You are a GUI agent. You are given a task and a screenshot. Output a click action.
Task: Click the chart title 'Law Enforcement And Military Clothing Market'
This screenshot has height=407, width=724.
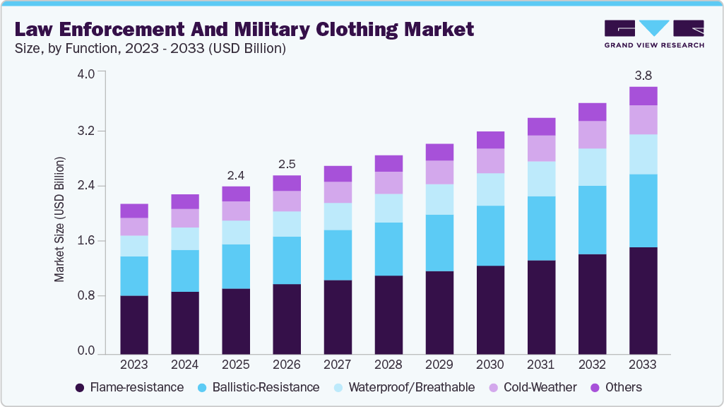tap(244, 30)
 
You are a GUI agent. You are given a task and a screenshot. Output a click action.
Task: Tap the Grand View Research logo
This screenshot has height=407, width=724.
tap(653, 34)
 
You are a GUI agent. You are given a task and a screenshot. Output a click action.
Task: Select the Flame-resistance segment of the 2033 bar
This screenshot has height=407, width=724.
tap(643, 300)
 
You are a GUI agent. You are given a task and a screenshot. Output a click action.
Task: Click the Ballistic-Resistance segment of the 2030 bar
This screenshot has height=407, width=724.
tap(490, 236)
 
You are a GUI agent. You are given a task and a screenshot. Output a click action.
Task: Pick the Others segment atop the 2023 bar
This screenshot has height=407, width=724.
tap(134, 211)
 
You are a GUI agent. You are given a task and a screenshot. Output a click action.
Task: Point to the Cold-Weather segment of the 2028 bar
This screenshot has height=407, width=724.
tap(388, 183)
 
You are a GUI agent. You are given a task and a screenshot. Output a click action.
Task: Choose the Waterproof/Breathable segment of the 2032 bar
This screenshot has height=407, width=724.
tap(592, 167)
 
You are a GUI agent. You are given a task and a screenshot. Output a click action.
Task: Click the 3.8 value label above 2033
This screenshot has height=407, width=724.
tap(643, 75)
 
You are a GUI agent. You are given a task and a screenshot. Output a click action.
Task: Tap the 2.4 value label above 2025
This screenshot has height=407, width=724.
tap(236, 175)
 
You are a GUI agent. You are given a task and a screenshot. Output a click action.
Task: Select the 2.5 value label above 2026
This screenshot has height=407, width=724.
tap(287, 163)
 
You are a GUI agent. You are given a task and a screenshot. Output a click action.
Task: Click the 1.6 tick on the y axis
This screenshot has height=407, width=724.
tap(86, 241)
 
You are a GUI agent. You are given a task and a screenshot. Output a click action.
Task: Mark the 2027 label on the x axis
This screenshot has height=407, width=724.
tap(338, 365)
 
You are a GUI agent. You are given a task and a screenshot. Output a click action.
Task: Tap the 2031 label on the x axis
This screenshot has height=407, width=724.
tap(541, 365)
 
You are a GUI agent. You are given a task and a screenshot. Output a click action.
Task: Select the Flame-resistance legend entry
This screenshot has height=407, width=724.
tap(129, 387)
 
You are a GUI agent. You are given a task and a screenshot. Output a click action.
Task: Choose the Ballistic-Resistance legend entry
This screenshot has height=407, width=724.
tap(259, 387)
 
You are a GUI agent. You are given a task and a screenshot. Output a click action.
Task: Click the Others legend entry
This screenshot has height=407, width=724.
tap(616, 387)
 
